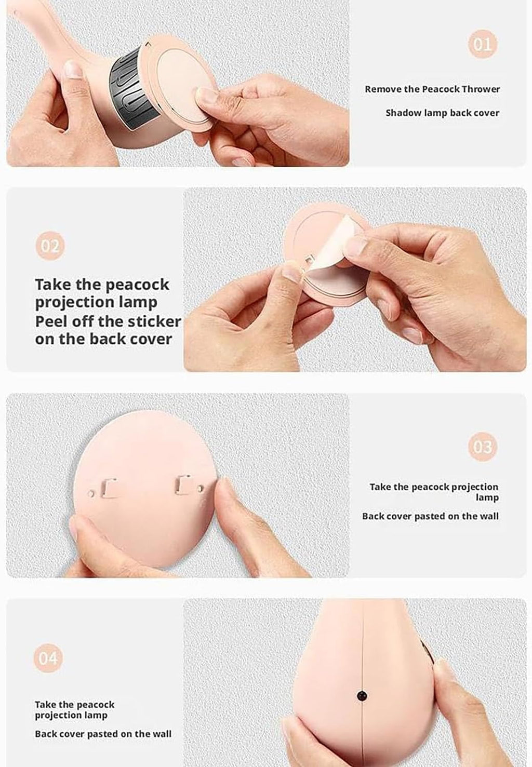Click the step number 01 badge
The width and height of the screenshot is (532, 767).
pyautogui.click(x=482, y=44)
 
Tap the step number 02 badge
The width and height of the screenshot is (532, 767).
pyautogui.click(x=50, y=246)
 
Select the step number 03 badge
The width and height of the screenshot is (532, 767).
pyautogui.click(x=482, y=447)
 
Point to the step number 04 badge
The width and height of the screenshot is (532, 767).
pyautogui.click(x=48, y=658)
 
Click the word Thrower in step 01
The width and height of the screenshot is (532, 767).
pyautogui.click(x=481, y=89)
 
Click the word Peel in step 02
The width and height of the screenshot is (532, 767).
pyautogui.click(x=47, y=321)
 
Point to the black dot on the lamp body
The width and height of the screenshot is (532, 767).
pyautogui.click(x=362, y=696)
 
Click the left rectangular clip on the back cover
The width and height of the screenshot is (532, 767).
pyautogui.click(x=108, y=488)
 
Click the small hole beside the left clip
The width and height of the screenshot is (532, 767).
pyautogui.click(x=91, y=494)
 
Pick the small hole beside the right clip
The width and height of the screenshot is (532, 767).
pyautogui.click(x=201, y=488)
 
